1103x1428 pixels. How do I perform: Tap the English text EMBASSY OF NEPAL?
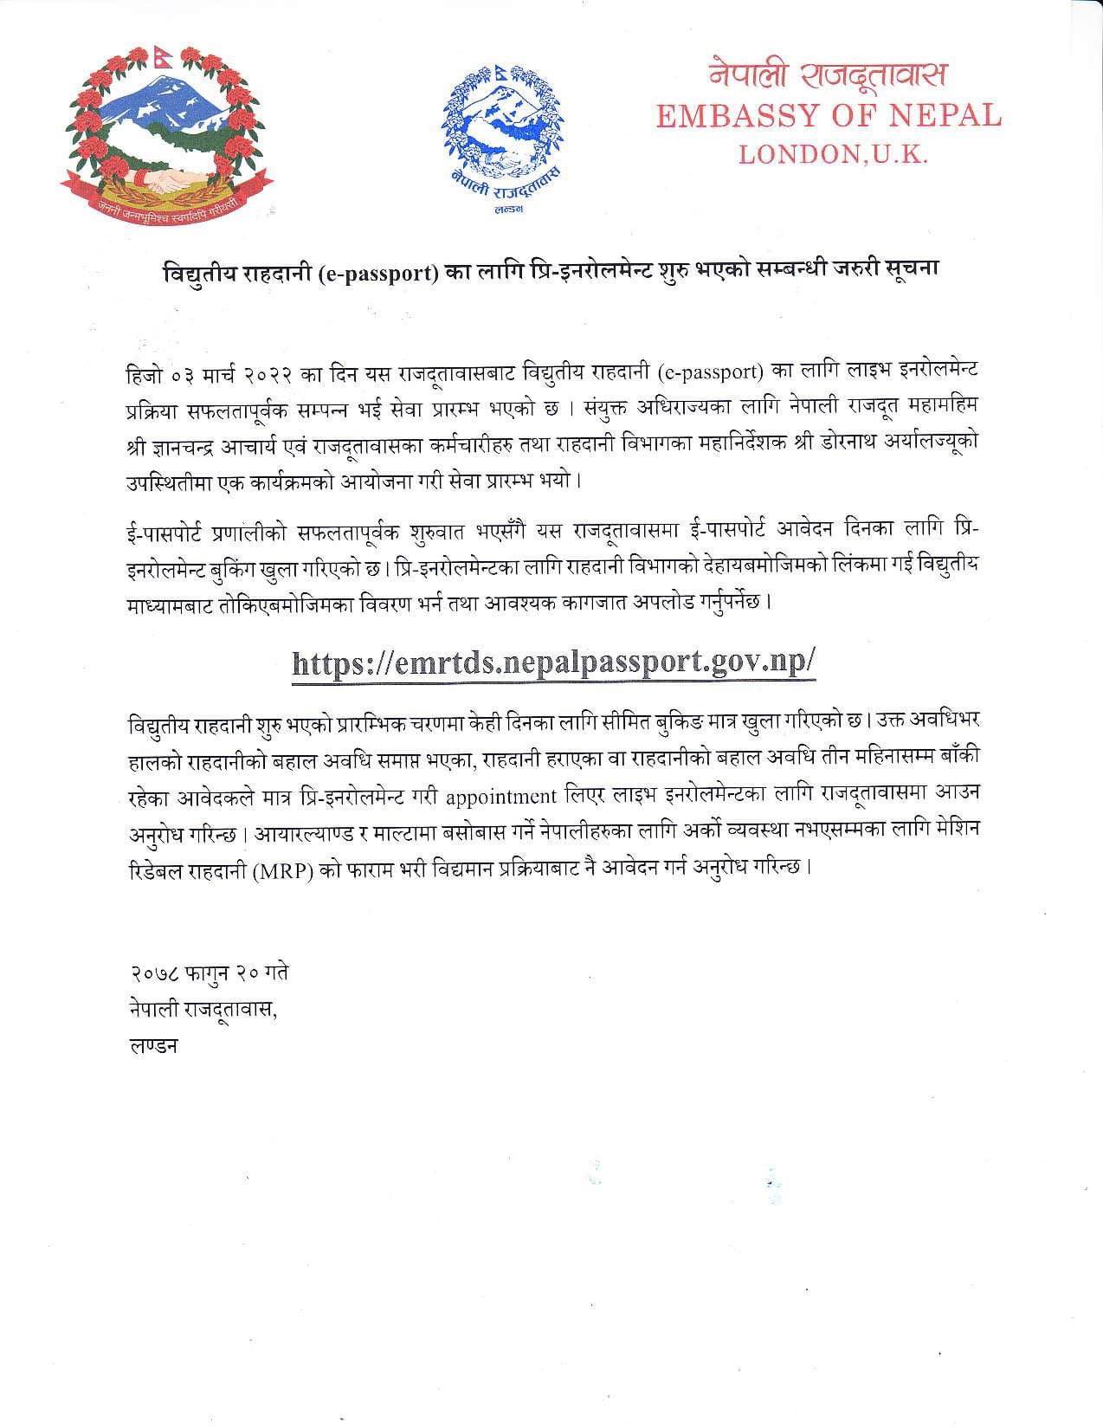coord(828,115)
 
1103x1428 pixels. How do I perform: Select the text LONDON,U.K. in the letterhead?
coord(832,155)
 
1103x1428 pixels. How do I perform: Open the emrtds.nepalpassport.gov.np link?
coord(554,662)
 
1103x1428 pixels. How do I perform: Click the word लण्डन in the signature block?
coord(152,1045)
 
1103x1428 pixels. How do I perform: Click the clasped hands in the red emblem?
coord(167,183)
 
